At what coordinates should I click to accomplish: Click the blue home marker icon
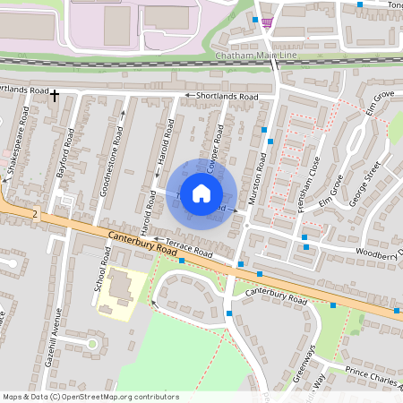coord(201,193)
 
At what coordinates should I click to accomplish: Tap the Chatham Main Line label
coord(256,56)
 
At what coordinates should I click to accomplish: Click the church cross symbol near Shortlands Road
coord(54,94)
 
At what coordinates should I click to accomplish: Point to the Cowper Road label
coord(213,148)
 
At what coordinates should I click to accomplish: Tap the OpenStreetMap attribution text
coord(79,396)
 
